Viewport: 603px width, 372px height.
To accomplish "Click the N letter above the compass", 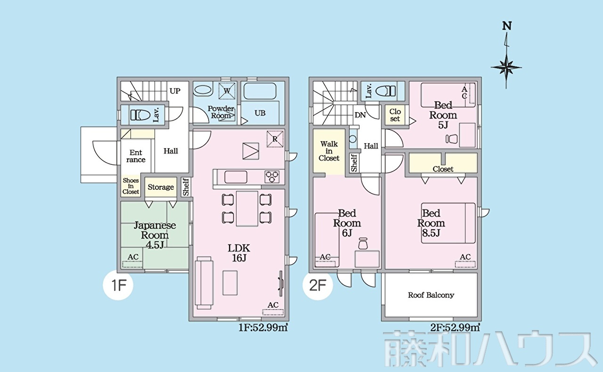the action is [507, 26].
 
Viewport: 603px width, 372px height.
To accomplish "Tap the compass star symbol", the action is [506, 67].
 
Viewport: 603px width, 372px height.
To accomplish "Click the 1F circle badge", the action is [118, 285].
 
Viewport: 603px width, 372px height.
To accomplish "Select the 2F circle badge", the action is [318, 285].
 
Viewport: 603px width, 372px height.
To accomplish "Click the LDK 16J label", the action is [239, 253].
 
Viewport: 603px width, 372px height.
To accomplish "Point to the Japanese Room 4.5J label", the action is [155, 235].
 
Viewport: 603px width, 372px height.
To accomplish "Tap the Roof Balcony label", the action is [431, 295].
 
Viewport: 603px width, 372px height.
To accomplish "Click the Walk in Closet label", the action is [329, 151].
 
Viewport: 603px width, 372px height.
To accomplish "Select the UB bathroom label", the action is [260, 113].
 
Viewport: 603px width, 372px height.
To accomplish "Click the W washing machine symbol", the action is [227, 91].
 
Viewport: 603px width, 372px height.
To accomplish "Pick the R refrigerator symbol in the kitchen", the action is [275, 139].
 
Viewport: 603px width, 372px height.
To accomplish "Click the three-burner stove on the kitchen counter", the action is [272, 177].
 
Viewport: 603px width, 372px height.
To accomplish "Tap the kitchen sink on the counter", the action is [236, 177].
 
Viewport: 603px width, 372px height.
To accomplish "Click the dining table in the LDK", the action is [247, 209].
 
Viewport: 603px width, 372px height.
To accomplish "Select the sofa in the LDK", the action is [204, 283].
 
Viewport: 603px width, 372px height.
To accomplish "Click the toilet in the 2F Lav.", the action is [385, 91].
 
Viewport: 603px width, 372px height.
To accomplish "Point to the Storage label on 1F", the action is [161, 187].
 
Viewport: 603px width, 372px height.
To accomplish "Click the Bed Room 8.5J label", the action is [431, 223].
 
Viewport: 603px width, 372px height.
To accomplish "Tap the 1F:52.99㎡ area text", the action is [263, 328].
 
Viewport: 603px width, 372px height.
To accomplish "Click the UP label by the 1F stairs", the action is [175, 91].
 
